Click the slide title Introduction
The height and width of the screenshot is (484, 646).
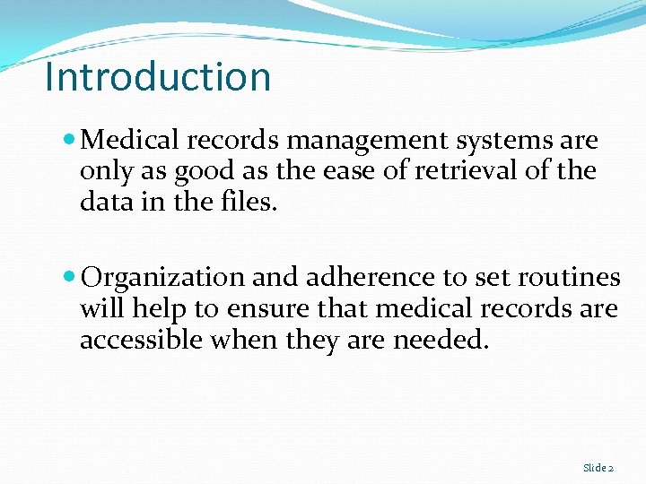click(158, 77)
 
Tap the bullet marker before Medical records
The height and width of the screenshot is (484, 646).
click(71, 141)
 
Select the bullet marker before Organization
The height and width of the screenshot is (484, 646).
click(71, 278)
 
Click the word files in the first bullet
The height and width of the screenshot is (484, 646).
click(253, 202)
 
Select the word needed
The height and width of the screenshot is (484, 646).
click(441, 340)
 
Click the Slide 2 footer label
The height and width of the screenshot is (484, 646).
click(598, 468)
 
